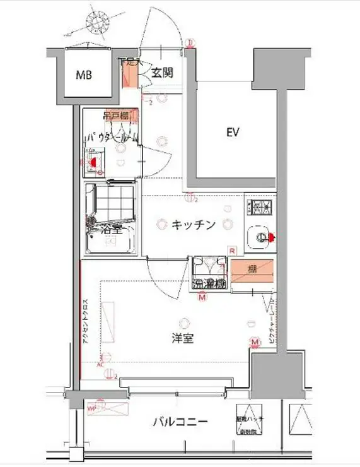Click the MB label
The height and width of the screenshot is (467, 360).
click(84, 75)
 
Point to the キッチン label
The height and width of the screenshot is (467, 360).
click(195, 224)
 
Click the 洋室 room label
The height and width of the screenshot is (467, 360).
click(182, 339)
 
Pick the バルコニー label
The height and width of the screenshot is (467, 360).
click(179, 422)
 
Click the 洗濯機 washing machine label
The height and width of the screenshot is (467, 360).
click(209, 283)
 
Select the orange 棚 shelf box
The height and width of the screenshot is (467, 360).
click(252, 270)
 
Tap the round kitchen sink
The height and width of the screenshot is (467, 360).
click(259, 237)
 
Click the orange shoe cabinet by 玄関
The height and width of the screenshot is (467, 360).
click(129, 75)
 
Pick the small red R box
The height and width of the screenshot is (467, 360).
click(233, 251)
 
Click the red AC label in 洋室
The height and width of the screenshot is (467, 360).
click(100, 364)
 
